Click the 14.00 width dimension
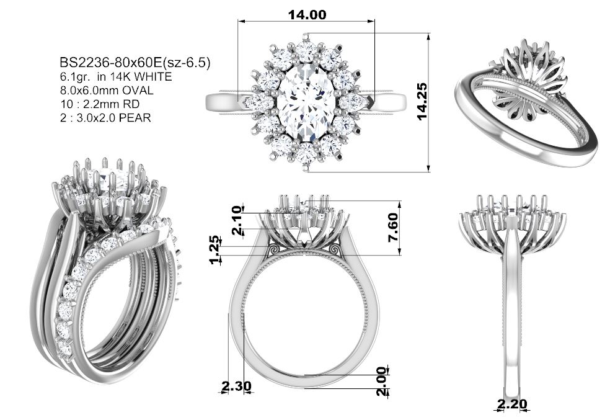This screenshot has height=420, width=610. click(x=307, y=15)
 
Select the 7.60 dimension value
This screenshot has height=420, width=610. click(x=393, y=228)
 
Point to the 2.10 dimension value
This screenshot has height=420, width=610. click(x=237, y=223)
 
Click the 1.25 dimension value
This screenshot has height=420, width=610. click(x=215, y=250)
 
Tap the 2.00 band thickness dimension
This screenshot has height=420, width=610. click(x=382, y=381)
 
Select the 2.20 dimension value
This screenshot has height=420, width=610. click(x=512, y=404)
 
